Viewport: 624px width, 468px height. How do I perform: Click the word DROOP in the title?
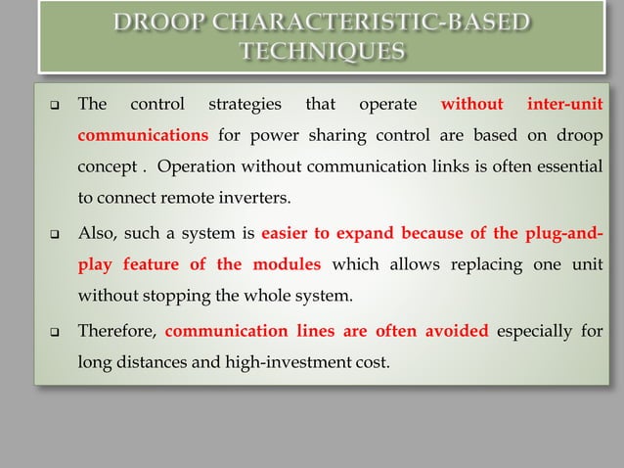[x=163, y=23]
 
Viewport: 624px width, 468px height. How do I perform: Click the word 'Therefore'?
[x=117, y=330]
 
